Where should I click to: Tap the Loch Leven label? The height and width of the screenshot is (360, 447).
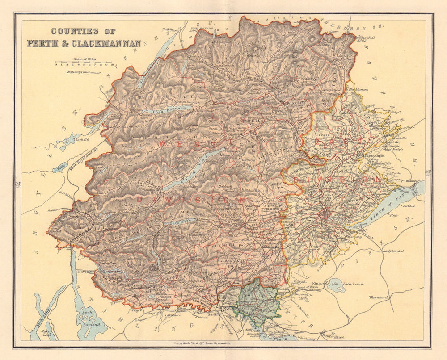(352, 284)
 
